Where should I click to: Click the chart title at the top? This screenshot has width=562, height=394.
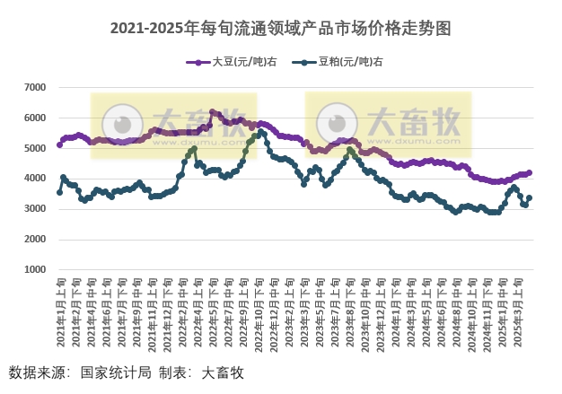tap(281, 29)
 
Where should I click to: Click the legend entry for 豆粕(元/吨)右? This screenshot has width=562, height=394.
tap(346, 62)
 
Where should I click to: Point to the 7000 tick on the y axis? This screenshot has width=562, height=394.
tap(34, 87)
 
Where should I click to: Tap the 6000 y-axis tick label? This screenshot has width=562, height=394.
tap(34, 118)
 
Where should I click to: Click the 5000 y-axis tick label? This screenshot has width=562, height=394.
tap(34, 148)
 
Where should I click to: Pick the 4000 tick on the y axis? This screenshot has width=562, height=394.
tap(34, 179)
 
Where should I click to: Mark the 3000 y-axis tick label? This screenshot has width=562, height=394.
tap(34, 209)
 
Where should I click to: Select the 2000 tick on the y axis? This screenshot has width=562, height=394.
tap(34, 240)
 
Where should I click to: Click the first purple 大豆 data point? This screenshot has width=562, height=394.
tap(59, 144)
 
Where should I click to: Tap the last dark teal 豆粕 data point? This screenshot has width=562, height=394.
tap(530, 197)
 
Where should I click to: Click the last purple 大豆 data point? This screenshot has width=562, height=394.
tap(530, 172)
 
